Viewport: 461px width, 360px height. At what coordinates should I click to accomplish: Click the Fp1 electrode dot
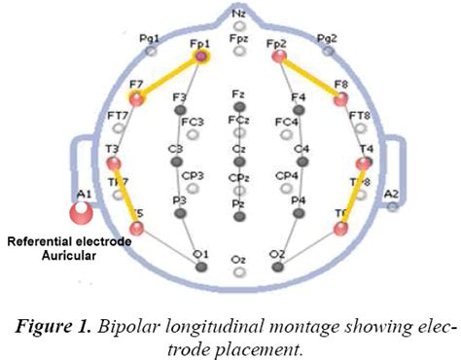tap(201, 58)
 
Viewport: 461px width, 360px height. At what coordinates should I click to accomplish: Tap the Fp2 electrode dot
tap(279, 57)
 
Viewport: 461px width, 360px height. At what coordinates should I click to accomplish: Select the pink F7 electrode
tap(137, 98)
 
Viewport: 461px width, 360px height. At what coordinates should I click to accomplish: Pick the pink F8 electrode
tap(341, 99)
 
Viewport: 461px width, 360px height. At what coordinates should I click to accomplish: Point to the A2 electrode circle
tap(392, 206)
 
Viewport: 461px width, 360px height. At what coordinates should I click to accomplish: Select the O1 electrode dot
tap(201, 266)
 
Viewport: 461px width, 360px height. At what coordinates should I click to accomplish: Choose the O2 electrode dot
tap(278, 266)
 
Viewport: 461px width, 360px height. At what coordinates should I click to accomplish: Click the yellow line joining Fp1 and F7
tap(169, 78)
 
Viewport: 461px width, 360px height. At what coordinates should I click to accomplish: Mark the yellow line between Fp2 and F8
tap(310, 78)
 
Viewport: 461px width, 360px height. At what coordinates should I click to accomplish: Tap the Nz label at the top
tap(239, 13)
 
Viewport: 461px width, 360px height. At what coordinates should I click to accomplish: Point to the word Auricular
tap(65, 255)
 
